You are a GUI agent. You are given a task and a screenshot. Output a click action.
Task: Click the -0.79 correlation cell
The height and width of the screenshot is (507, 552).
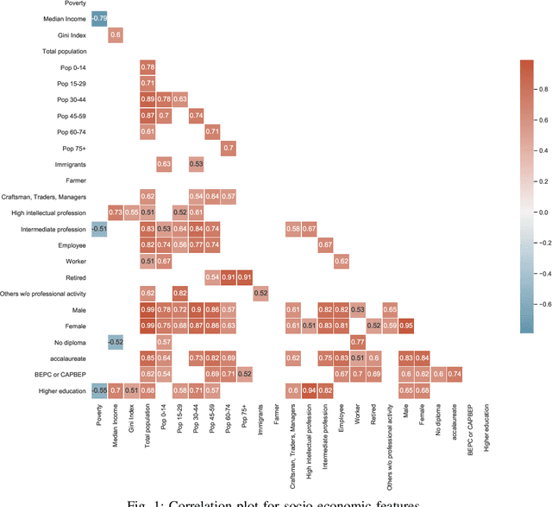tap(100, 17)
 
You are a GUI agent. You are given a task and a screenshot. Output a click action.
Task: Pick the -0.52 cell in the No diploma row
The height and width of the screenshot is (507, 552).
tap(116, 341)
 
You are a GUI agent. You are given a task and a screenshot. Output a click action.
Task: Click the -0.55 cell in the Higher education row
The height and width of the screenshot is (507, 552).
tap(100, 390)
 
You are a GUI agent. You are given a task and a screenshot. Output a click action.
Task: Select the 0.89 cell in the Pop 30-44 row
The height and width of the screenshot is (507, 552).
tap(148, 98)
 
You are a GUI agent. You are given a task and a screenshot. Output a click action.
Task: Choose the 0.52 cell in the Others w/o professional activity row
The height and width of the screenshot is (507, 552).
tap(261, 293)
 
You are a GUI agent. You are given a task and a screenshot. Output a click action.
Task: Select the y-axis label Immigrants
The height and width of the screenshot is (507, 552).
tap(72, 163)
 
